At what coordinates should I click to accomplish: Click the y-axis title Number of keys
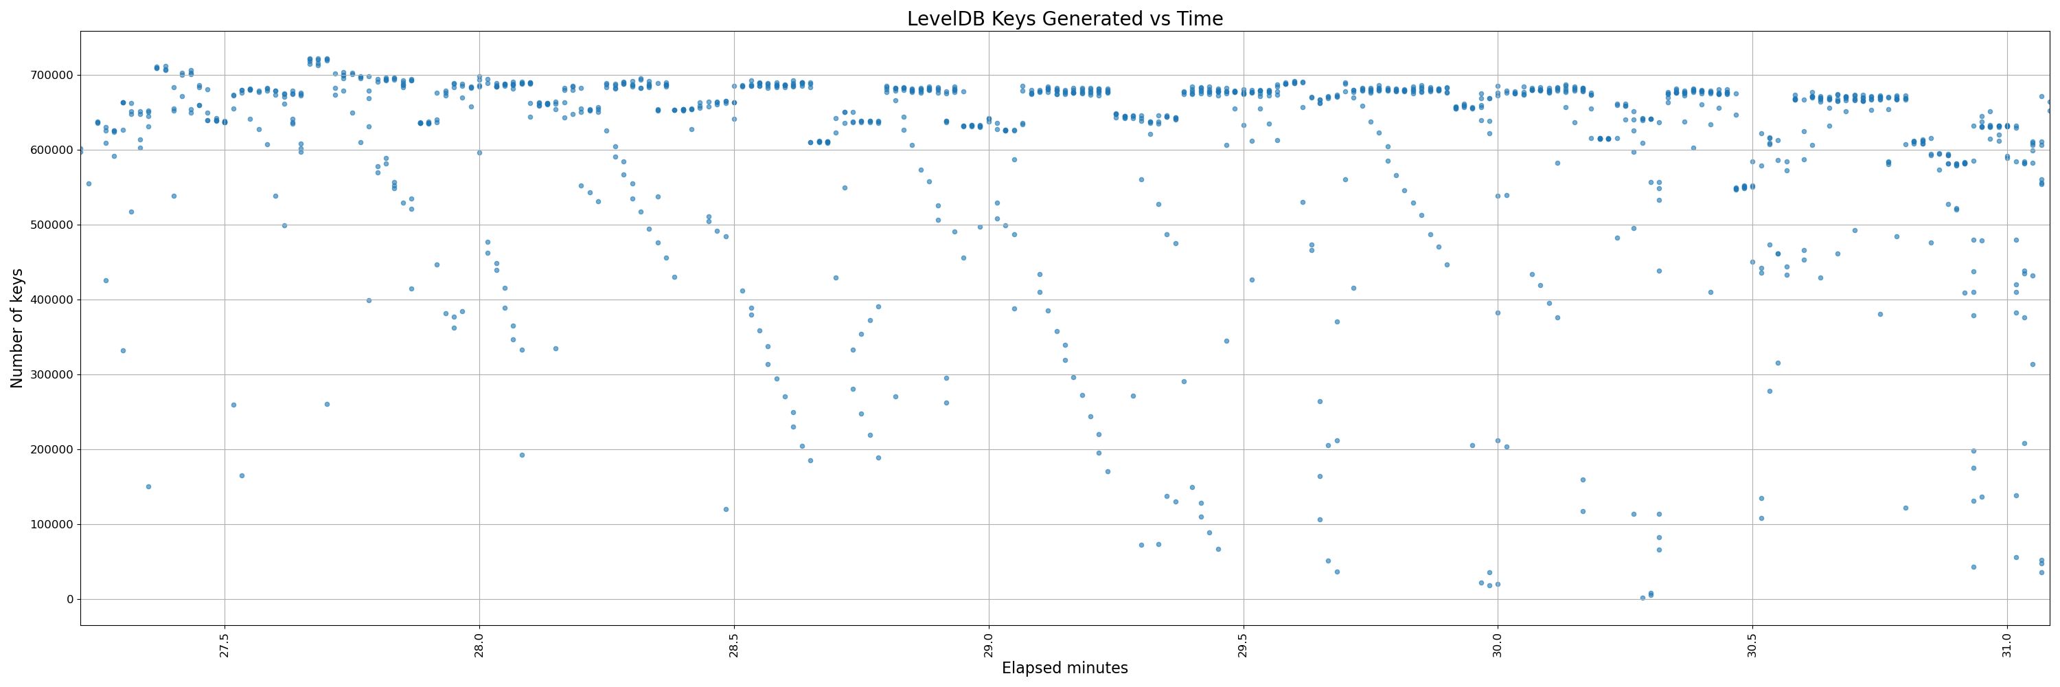[16, 328]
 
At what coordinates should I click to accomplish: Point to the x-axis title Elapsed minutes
[1064, 668]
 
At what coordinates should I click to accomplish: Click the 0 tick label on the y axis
[69, 599]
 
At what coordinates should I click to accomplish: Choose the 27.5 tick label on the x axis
[225, 644]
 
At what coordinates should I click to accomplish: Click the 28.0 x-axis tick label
[479, 644]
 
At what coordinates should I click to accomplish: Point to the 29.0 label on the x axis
[988, 644]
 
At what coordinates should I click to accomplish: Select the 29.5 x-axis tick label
[1243, 644]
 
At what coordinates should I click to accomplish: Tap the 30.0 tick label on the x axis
[1498, 644]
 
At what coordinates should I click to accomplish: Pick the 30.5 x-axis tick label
[1752, 644]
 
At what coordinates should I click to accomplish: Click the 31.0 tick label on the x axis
[2006, 644]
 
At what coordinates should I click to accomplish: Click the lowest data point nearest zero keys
[1643, 598]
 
